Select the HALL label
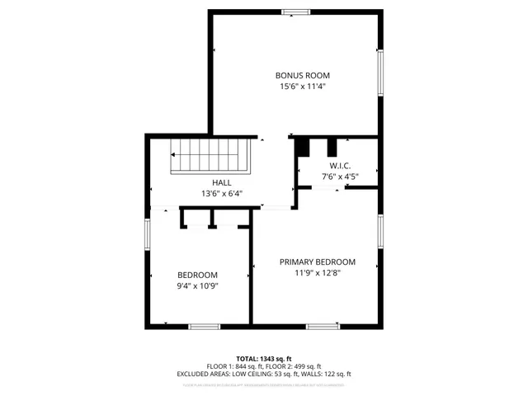coord(221,183)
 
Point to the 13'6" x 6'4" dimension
coord(221,194)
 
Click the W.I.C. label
coord(339,165)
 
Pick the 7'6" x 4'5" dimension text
coord(339,176)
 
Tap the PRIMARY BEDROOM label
coord(317,262)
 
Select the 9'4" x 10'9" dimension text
coord(197,286)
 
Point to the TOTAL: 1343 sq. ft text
coord(265,359)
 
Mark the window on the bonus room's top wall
coord(294,12)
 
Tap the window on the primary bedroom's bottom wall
coord(323,326)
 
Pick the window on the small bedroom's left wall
coord(148,234)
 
